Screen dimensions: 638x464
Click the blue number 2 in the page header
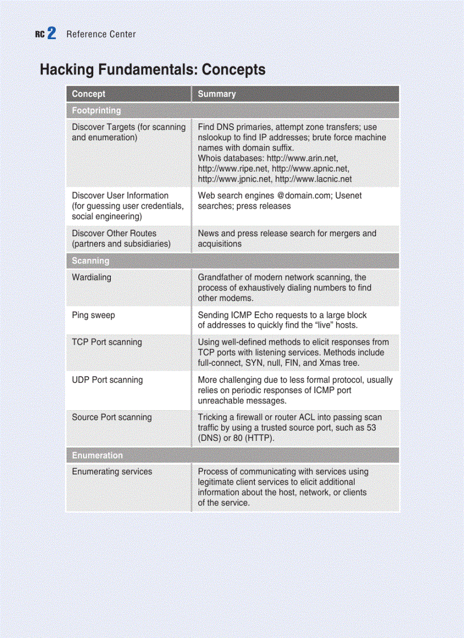[x=51, y=34]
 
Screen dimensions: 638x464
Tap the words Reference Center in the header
[x=101, y=34]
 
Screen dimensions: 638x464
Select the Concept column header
[x=88, y=94]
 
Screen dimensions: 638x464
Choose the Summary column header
[x=216, y=94]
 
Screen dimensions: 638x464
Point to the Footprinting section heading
[x=96, y=110]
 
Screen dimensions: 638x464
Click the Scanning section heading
[x=90, y=261]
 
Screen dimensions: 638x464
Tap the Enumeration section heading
[x=97, y=455]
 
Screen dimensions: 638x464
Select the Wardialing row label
[x=92, y=277]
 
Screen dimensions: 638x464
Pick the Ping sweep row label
[x=93, y=315]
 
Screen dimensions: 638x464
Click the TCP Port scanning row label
[x=107, y=342]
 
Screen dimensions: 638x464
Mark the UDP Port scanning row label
[x=107, y=380]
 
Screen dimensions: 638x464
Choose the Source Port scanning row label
[x=111, y=417]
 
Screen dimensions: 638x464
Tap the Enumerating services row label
[x=111, y=472]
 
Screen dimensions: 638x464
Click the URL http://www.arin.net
[x=305, y=158]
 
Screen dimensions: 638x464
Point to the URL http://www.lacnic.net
[x=313, y=179]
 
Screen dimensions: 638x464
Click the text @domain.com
[x=299, y=195]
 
